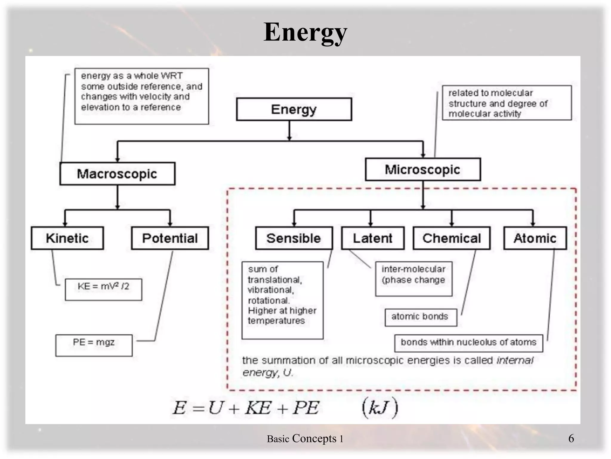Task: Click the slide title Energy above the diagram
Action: [305, 32]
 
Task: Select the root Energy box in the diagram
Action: [294, 109]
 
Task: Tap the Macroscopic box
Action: [117, 174]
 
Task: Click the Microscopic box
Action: [423, 169]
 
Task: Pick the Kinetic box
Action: [67, 238]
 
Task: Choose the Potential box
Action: [170, 238]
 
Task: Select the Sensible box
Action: [294, 238]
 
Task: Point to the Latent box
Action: [373, 238]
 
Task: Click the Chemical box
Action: [451, 238]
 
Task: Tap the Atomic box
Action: [535, 238]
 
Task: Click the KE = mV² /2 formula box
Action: [104, 289]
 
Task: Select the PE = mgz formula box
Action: [94, 345]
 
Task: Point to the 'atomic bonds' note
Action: [420, 317]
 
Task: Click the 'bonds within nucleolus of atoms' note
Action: [468, 343]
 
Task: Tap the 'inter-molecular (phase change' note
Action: [413, 279]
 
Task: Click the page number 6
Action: [571, 438]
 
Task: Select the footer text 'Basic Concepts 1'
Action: [305, 439]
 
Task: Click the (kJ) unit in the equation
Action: [379, 407]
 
